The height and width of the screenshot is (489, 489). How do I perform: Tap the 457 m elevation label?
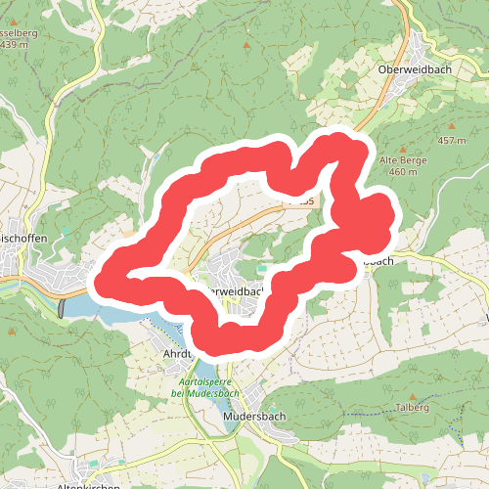click(x=452, y=141)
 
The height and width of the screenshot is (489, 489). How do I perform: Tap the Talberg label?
click(x=414, y=407)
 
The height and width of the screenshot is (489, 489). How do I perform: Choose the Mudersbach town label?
click(x=240, y=414)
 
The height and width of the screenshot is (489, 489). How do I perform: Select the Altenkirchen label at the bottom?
click(x=89, y=486)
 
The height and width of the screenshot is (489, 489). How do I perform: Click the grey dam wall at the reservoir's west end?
click(x=64, y=308)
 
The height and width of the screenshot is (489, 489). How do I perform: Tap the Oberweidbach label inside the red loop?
click(x=231, y=290)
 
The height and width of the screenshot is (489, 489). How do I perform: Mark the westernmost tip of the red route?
click(x=98, y=281)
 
